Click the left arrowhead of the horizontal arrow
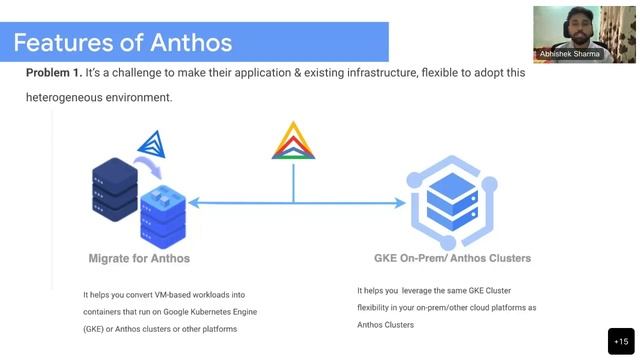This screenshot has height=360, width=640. (x=191, y=203)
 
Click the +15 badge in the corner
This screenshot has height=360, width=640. (x=620, y=340)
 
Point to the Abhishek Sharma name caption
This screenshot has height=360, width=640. (x=569, y=55)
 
